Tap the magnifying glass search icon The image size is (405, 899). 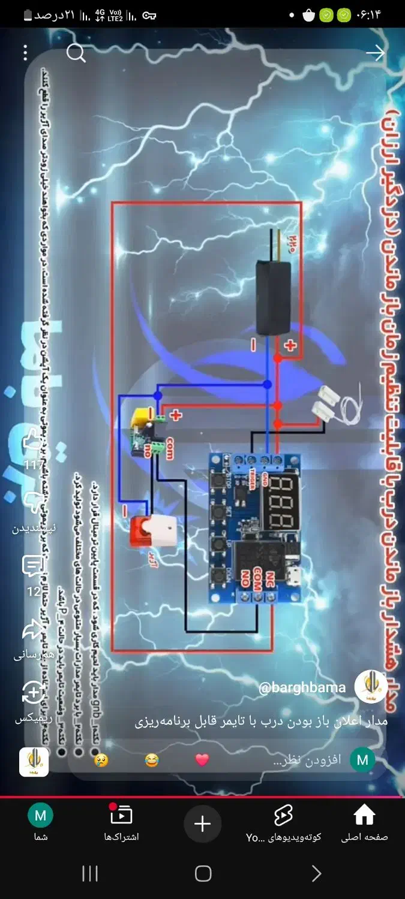click(x=76, y=54)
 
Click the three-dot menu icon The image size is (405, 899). click(x=25, y=54)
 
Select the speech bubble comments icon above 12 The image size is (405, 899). click(x=34, y=565)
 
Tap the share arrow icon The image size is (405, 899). click(x=34, y=629)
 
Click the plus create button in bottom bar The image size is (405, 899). click(x=202, y=824)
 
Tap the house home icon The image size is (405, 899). click(x=364, y=816)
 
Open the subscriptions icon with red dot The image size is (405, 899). click(x=121, y=815)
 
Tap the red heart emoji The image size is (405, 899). click(x=202, y=760)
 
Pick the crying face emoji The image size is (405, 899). click(x=101, y=760)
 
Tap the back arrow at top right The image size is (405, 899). click(x=375, y=54)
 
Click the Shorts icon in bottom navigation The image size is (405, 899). click(x=283, y=816)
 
